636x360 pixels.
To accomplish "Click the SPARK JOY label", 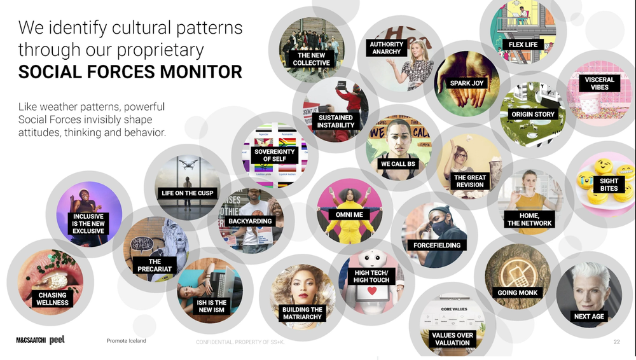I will pyautogui.click(x=467, y=83).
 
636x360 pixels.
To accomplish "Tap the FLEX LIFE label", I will pyautogui.click(x=523, y=45).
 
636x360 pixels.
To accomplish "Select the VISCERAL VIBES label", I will pyautogui.click(x=599, y=83).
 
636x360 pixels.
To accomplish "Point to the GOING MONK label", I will pyautogui.click(x=518, y=293).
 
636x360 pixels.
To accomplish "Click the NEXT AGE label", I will pyautogui.click(x=589, y=316).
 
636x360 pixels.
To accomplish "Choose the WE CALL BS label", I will pyautogui.click(x=397, y=164).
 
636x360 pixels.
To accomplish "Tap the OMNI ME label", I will pyautogui.click(x=349, y=215).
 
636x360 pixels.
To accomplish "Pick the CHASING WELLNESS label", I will pyautogui.click(x=52, y=298).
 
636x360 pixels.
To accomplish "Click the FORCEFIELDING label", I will pyautogui.click(x=436, y=245).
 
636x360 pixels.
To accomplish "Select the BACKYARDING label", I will pyautogui.click(x=250, y=221).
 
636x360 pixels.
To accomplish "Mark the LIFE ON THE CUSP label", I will pyautogui.click(x=188, y=193).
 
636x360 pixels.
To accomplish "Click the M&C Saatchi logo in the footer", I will pyautogui.click(x=31, y=340).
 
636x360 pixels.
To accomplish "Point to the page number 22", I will pyautogui.click(x=616, y=342).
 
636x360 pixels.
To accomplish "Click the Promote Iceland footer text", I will pyautogui.click(x=126, y=341).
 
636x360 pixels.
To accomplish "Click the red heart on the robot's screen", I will pyautogui.click(x=371, y=291).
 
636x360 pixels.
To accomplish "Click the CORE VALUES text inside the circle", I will pyautogui.click(x=453, y=309).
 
